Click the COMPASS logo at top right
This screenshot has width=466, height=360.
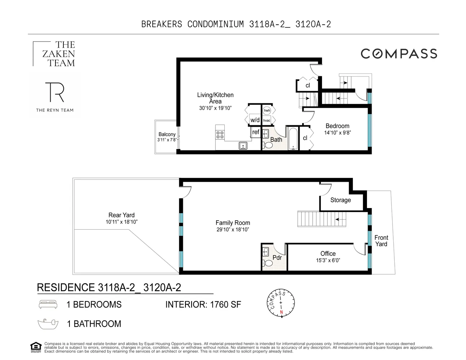pos(399,54)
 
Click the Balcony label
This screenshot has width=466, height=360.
pos(167,134)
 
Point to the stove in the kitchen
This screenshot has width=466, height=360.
pos(220,135)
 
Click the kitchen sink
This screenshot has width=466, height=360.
pos(243,146)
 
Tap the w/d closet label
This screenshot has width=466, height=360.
pos(255,120)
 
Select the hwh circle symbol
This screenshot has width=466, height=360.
pos(266,111)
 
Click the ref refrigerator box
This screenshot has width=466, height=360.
pos(256,132)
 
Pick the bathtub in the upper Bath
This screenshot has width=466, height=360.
pos(293,138)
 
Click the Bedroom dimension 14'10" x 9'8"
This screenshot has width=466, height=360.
pos(337,132)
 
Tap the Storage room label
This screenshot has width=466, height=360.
pos(340,200)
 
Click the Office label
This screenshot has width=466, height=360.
pos(328,253)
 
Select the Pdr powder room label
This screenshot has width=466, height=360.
pos(277,258)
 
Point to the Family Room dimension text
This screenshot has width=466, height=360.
pos(233,230)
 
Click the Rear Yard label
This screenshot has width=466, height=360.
pos(121,215)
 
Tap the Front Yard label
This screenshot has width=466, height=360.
pos(381,241)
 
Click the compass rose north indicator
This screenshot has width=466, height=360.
pos(281,312)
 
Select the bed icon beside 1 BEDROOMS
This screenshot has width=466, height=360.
pos(48,305)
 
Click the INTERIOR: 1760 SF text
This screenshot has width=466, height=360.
pos(203,305)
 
